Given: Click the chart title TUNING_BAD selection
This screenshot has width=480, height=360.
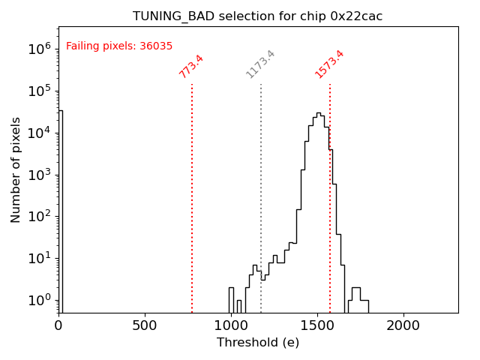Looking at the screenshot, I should (257, 16).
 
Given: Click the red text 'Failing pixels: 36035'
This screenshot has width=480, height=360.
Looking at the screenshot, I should (119, 46).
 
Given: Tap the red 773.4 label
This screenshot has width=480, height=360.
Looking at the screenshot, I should (191, 66).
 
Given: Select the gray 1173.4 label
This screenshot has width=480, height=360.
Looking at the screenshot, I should (261, 64).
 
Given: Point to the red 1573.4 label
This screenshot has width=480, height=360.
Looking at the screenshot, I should (329, 64).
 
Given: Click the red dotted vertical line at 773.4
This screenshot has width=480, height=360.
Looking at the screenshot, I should (192, 195).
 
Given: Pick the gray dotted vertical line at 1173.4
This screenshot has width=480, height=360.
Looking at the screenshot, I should (261, 195).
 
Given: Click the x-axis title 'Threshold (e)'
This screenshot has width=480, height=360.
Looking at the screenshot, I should (258, 343).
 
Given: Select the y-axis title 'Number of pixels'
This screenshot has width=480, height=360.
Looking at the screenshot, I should (16, 169).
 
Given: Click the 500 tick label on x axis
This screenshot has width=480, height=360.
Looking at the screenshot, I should (145, 326).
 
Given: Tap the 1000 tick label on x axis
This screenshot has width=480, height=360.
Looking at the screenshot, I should (231, 326).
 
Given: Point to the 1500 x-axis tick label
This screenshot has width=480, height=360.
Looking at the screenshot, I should (317, 326).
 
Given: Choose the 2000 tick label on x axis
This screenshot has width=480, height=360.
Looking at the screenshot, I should (403, 326).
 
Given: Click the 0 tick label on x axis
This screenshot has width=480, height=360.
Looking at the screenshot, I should (58, 326).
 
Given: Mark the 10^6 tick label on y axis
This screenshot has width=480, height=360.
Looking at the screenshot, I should (39, 49).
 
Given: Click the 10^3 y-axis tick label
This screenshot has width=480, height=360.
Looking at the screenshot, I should (39, 175).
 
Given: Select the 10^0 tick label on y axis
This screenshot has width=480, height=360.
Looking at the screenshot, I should (39, 301).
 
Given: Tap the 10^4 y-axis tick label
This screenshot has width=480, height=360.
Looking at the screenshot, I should (39, 133).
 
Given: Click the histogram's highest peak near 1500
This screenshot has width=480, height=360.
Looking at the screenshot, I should (318, 114).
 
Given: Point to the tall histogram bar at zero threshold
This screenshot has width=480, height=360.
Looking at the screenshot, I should (60, 210).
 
